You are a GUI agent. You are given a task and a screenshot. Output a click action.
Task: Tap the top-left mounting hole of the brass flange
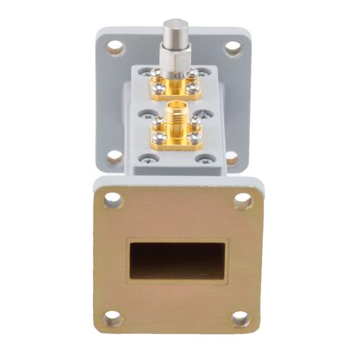[x=113, y=200]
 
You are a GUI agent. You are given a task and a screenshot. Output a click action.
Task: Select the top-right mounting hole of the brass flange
[x=243, y=201]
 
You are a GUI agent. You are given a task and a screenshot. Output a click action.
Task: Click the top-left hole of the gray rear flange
[x=114, y=48]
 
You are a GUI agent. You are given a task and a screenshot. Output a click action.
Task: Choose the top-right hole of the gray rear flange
[x=233, y=48]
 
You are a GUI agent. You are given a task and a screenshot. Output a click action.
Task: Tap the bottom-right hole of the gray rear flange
[x=232, y=157]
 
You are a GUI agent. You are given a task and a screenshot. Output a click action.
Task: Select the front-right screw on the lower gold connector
[x=195, y=138]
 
